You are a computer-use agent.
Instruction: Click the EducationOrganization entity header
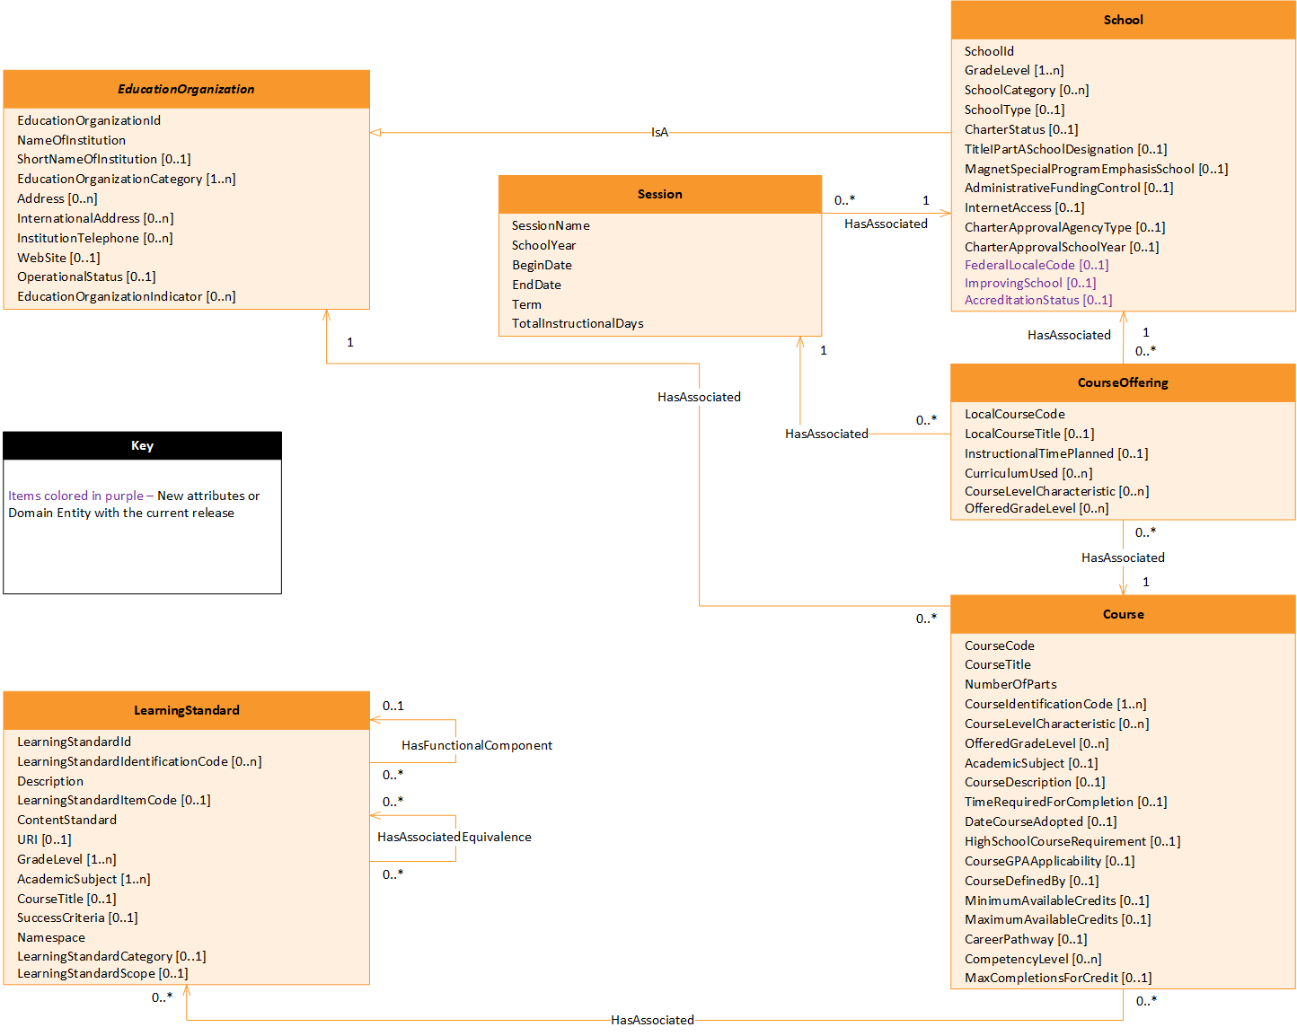(x=186, y=89)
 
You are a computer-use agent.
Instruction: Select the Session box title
(x=659, y=194)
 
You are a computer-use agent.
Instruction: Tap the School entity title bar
(x=1123, y=20)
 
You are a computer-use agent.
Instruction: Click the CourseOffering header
(x=1123, y=382)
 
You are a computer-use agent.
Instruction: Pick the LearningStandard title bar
(x=186, y=710)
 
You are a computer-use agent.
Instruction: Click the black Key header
(x=142, y=446)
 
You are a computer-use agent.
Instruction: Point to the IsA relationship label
(x=659, y=133)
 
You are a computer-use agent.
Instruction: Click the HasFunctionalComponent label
(x=476, y=745)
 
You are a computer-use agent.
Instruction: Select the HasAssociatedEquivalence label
(x=454, y=837)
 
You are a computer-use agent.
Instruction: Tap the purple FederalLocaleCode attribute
(x=1036, y=265)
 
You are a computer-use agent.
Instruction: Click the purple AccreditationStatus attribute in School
(x=1037, y=300)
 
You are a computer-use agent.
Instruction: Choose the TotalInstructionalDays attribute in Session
(x=578, y=323)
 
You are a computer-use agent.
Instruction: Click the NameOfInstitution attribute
(x=71, y=140)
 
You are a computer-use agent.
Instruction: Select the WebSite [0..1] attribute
(x=58, y=258)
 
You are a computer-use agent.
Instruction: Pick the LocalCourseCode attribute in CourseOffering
(x=1014, y=414)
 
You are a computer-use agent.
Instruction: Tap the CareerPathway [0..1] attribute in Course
(x=1025, y=939)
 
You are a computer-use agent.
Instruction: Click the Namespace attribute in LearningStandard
(x=51, y=937)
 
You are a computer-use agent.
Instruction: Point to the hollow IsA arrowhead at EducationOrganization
(x=375, y=133)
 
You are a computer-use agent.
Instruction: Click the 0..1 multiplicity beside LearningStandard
(x=393, y=706)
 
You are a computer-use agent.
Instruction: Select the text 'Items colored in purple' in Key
(x=75, y=496)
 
